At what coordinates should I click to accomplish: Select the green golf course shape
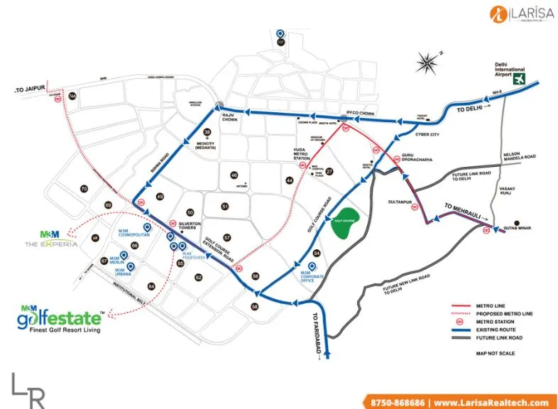click(x=348, y=222)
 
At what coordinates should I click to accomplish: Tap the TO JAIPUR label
click(x=30, y=90)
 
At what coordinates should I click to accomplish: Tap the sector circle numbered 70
click(x=84, y=189)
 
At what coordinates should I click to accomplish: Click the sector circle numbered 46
click(x=234, y=175)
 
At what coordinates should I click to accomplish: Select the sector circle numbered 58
click(x=254, y=305)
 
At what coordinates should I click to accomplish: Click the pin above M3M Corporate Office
click(x=312, y=267)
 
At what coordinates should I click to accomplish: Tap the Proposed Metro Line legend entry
click(x=501, y=313)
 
